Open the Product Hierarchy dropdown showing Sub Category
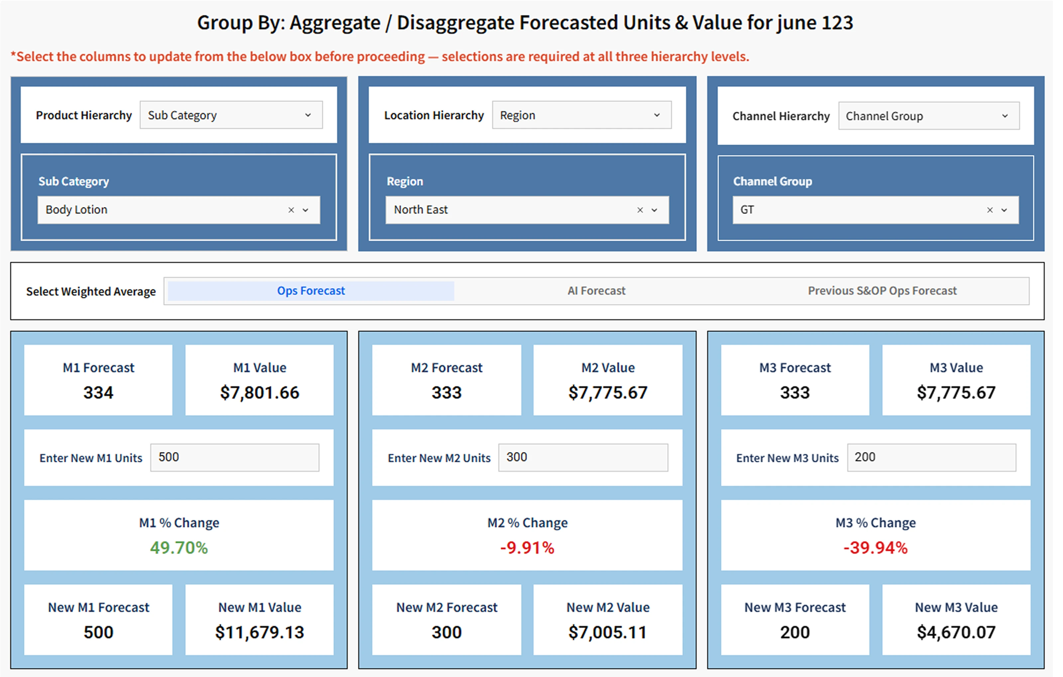pyautogui.click(x=231, y=115)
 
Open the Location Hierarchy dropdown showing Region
pyautogui.click(x=582, y=115)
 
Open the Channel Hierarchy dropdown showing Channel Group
pyautogui.click(x=928, y=116)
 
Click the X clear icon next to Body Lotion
pyautogui.click(x=291, y=210)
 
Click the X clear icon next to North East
pyautogui.click(x=640, y=210)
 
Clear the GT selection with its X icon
pyautogui.click(x=990, y=210)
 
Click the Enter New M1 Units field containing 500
pyautogui.click(x=234, y=458)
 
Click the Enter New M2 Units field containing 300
pyautogui.click(x=583, y=458)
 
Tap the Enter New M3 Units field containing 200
pyautogui.click(x=931, y=458)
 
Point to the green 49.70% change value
pyautogui.click(x=179, y=548)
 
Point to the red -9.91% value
pyautogui.click(x=527, y=548)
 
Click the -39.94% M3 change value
pyautogui.click(x=875, y=548)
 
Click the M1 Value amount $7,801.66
pyautogui.click(x=260, y=393)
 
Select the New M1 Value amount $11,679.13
pyautogui.click(x=260, y=632)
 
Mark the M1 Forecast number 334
pyautogui.click(x=98, y=393)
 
